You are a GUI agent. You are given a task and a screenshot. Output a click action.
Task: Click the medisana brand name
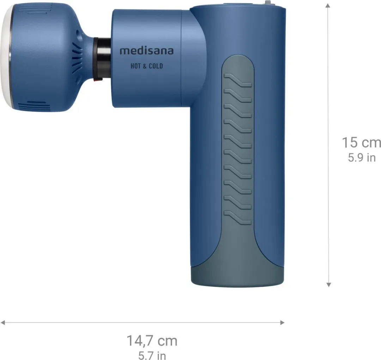tap(146, 51)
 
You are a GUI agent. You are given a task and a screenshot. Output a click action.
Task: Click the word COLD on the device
tap(156, 66)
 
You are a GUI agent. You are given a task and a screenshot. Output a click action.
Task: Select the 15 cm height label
tap(361, 143)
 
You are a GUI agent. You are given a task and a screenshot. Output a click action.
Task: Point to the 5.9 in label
tap(362, 158)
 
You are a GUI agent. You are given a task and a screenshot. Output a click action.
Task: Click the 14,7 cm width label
tap(152, 341)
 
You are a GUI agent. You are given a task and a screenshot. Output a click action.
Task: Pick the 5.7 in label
tap(152, 355)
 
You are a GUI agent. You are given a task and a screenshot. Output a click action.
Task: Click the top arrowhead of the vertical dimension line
tap(328, 6)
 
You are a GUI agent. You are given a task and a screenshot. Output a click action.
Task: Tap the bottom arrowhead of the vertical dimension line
tap(328, 284)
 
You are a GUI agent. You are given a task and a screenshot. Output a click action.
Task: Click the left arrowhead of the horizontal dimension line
tap(3, 322)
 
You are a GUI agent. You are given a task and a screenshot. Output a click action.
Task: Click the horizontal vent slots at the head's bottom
tap(31, 106)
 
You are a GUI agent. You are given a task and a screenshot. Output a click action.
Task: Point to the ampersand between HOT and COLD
tap(144, 66)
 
